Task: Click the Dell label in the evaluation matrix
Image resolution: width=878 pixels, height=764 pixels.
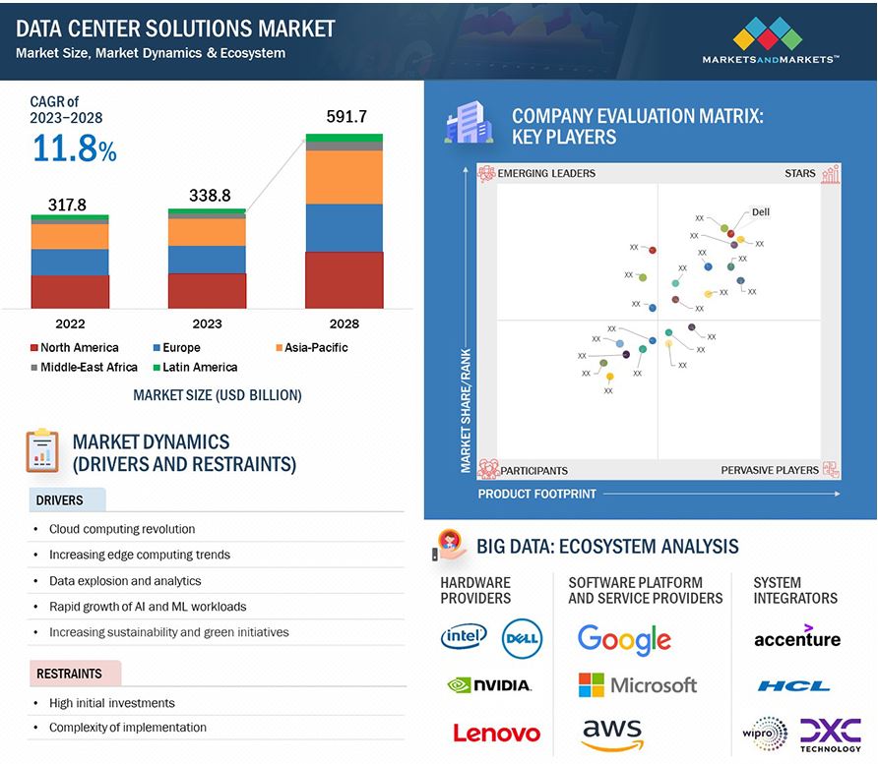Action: tap(760, 211)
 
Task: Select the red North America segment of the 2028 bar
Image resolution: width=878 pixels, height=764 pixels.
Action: tap(344, 280)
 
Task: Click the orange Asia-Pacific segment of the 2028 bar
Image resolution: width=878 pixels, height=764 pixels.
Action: tap(344, 177)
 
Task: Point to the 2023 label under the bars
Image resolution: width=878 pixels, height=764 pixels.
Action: tap(207, 323)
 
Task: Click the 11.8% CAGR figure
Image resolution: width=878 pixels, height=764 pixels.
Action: tap(74, 149)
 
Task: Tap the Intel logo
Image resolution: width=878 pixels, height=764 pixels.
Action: tap(464, 637)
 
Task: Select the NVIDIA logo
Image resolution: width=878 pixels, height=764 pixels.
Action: tap(489, 685)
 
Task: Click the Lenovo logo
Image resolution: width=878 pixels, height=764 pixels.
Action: tap(496, 733)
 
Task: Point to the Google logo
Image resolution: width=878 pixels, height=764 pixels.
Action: tap(624, 639)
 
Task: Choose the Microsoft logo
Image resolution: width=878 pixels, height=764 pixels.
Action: tap(637, 685)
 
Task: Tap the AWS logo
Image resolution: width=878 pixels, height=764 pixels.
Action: tap(611, 734)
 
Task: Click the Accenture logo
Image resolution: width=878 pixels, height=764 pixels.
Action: tap(796, 637)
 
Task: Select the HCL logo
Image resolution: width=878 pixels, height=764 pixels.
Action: tap(793, 686)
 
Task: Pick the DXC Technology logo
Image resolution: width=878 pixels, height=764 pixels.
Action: tap(830, 735)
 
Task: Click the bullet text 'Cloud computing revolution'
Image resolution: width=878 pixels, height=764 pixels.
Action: tap(122, 529)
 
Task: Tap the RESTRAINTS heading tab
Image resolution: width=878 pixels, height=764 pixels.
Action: tap(70, 674)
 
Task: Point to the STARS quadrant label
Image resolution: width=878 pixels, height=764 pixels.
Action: tap(799, 174)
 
